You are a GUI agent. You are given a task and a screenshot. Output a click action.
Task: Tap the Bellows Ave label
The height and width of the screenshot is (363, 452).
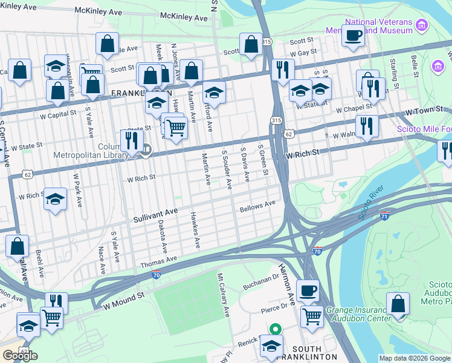tap(257, 207)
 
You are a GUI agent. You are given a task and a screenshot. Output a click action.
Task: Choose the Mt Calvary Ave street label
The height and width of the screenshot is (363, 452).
tap(224, 295)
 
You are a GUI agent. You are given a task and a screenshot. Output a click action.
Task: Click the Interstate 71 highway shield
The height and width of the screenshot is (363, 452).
tap(385, 215)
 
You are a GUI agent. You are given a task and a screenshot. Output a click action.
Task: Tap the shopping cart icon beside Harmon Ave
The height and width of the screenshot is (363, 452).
tap(312, 315)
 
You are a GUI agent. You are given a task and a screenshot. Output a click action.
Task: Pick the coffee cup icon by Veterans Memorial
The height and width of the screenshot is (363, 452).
tap(354, 33)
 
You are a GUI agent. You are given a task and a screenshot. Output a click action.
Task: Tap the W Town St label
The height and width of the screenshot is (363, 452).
tap(420, 113)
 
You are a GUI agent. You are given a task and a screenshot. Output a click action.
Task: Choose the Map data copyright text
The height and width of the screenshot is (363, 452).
tap(414, 358)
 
